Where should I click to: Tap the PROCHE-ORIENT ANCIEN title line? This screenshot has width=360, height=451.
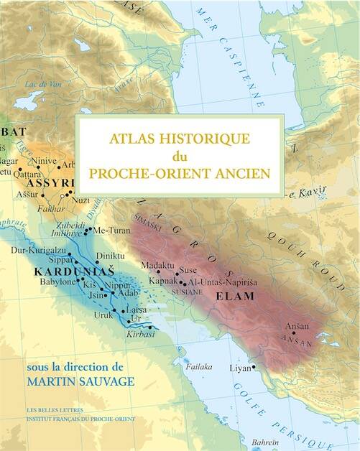[x=180, y=174]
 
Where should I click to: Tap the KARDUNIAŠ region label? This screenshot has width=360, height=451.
[x=63, y=273]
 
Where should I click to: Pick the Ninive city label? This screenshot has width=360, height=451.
[x=45, y=162]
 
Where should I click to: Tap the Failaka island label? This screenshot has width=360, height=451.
[x=199, y=366]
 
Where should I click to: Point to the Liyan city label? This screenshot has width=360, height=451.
[x=239, y=368]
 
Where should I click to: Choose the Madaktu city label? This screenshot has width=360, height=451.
[x=157, y=264]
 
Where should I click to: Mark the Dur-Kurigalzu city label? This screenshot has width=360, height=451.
[x=30, y=251]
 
